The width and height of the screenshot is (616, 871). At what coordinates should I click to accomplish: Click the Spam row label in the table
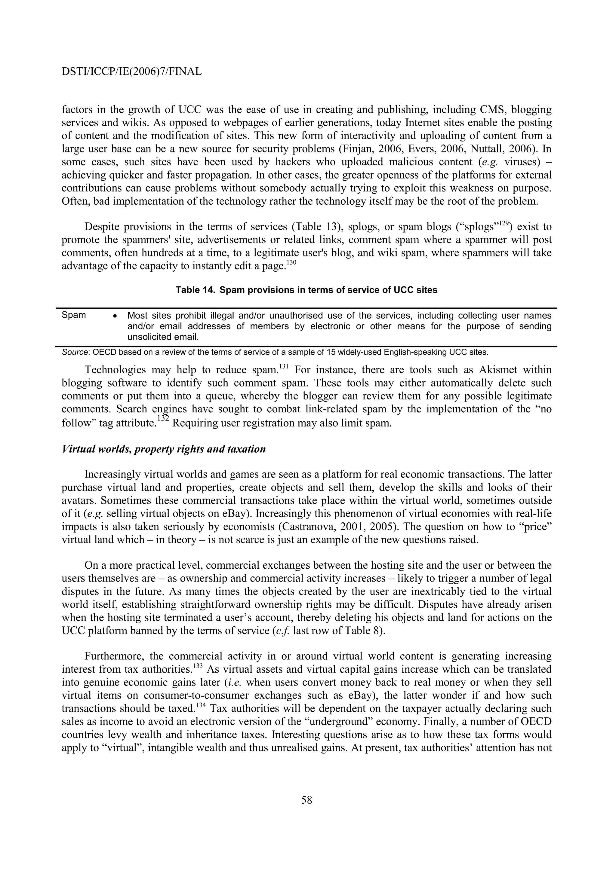pos(74,315)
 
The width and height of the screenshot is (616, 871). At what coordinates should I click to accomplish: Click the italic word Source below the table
pos(75,352)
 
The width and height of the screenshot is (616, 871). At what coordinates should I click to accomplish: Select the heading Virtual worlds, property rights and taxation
pos(164,449)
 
